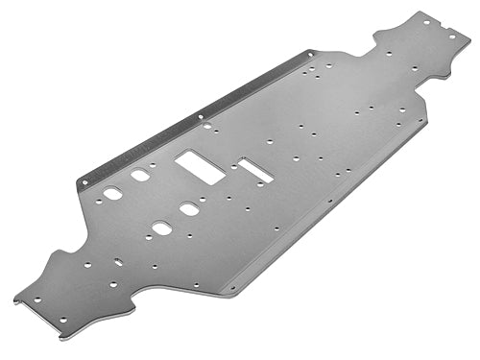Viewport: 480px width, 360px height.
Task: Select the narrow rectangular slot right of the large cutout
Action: (256, 170)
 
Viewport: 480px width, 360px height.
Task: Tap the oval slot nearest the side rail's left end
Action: (113, 194)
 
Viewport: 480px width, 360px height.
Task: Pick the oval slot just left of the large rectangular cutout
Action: (141, 176)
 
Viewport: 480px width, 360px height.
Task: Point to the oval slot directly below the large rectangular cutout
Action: (189, 208)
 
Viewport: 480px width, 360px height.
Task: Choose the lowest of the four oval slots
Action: (161, 228)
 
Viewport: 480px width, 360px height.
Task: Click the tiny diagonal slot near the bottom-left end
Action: (118, 262)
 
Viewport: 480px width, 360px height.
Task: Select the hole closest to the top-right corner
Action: (451, 36)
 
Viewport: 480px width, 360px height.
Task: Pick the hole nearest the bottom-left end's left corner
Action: (37, 300)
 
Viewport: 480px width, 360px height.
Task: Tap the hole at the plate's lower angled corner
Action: (230, 287)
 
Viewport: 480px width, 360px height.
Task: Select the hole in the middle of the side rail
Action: (201, 117)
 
